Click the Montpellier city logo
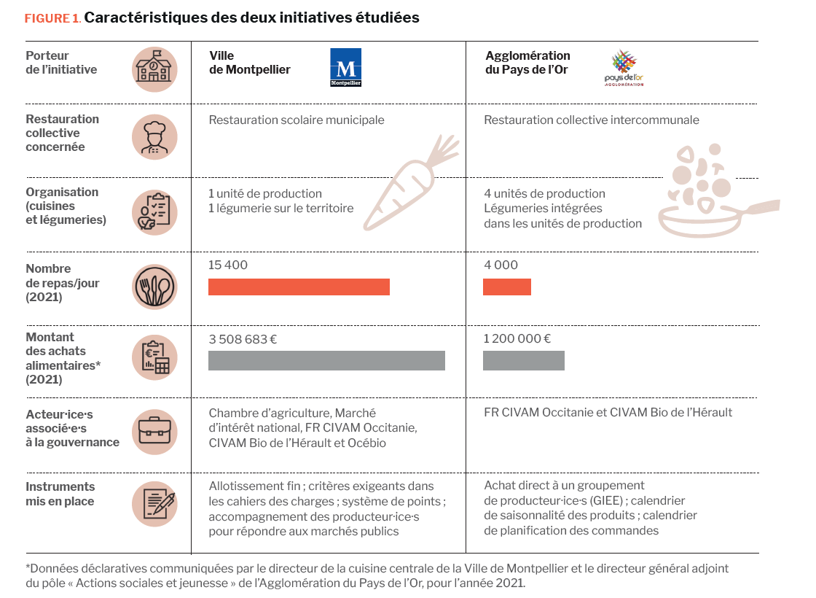(x=346, y=68)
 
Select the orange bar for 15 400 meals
(x=299, y=287)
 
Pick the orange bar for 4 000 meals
(x=506, y=287)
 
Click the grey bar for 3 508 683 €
(x=326, y=360)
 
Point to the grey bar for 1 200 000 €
(x=523, y=360)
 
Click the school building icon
(x=154, y=69)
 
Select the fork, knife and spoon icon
(x=154, y=287)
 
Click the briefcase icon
(x=154, y=431)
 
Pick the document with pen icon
(x=154, y=503)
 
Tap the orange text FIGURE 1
(x=52, y=18)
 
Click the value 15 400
(x=228, y=265)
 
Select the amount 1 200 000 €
(x=517, y=338)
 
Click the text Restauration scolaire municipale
(x=297, y=120)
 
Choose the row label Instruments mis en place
(x=60, y=494)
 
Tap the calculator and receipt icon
(x=154, y=358)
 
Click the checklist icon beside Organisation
(x=154, y=212)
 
